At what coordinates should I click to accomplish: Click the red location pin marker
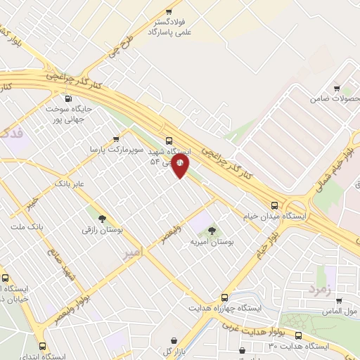click(181, 167)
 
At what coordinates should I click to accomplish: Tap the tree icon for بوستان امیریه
click(212, 229)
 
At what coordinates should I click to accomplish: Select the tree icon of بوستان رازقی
click(102, 218)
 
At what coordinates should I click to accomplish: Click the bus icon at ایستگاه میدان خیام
click(275, 205)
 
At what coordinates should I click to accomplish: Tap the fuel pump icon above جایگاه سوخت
click(69, 98)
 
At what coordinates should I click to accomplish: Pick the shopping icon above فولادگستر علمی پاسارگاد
click(168, 11)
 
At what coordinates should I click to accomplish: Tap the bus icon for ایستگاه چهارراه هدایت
click(225, 297)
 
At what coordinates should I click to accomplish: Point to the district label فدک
click(12, 134)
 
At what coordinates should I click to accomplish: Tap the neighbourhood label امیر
click(131, 251)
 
